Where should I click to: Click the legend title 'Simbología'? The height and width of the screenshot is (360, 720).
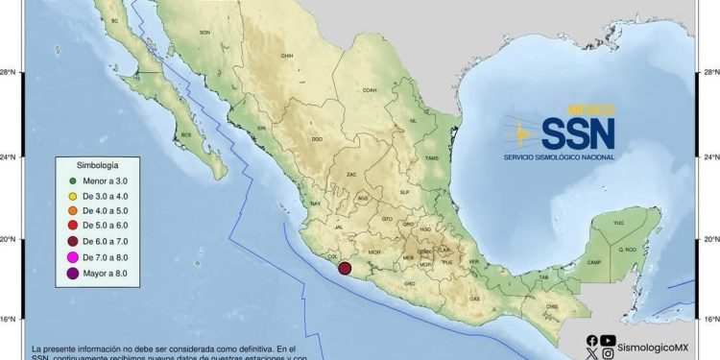click(98, 165)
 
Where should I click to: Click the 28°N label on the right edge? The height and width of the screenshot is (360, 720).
click(708, 73)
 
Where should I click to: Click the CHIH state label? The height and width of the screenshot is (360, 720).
click(286, 57)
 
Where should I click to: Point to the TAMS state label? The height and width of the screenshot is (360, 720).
click(431, 158)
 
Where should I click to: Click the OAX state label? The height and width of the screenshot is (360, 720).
click(474, 299)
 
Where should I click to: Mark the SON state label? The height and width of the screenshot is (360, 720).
click(204, 33)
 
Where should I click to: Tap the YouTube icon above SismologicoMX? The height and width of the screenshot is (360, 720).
click(608, 340)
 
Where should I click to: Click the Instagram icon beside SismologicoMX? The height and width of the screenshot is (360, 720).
click(609, 353)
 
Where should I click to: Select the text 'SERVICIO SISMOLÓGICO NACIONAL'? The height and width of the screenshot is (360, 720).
click(559, 156)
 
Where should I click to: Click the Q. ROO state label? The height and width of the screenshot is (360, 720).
click(630, 249)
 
